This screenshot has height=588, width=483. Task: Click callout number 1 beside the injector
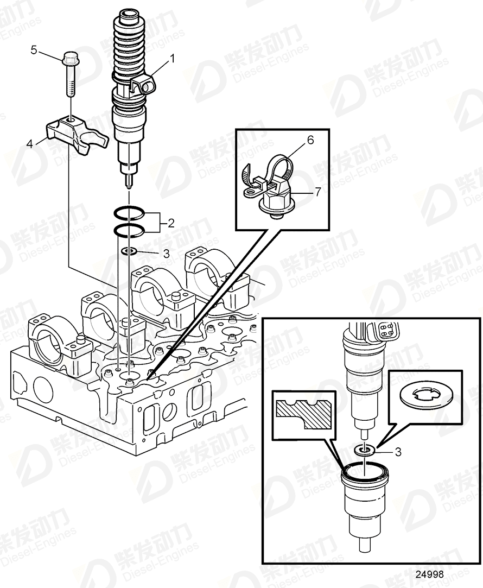tap(173, 57)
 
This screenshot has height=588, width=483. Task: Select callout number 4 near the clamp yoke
tap(30, 143)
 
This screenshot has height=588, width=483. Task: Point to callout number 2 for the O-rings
tap(170, 222)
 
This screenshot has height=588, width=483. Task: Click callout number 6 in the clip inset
tap(310, 140)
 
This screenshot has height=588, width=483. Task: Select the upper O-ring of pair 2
tap(129, 213)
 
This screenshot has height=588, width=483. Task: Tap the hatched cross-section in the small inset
tap(304, 414)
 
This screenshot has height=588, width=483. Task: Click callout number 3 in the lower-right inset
tap(398, 451)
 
